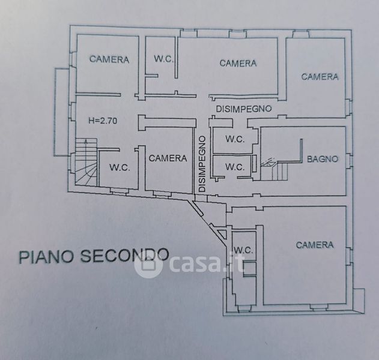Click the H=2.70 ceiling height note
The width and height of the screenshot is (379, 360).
(103, 121)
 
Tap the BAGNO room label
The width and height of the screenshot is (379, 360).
(323, 159)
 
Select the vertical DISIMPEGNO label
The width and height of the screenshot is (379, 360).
(202, 164)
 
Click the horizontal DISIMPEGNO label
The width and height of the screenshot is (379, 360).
(244, 109)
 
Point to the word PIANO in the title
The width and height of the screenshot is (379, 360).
(46, 257)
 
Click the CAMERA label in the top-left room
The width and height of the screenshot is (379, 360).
(109, 59)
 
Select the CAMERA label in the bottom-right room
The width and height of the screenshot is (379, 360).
(315, 245)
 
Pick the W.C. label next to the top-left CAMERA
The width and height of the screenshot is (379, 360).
(164, 59)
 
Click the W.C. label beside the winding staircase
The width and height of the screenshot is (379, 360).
(120, 167)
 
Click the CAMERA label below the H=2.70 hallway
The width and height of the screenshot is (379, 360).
(168, 158)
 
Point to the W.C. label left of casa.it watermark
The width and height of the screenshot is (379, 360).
(243, 250)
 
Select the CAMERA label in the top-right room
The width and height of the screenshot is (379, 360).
(320, 77)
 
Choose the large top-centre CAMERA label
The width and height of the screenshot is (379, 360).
(238, 63)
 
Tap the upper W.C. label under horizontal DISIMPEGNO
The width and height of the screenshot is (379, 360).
(235, 139)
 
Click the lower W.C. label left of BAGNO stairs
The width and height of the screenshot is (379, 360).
(235, 167)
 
